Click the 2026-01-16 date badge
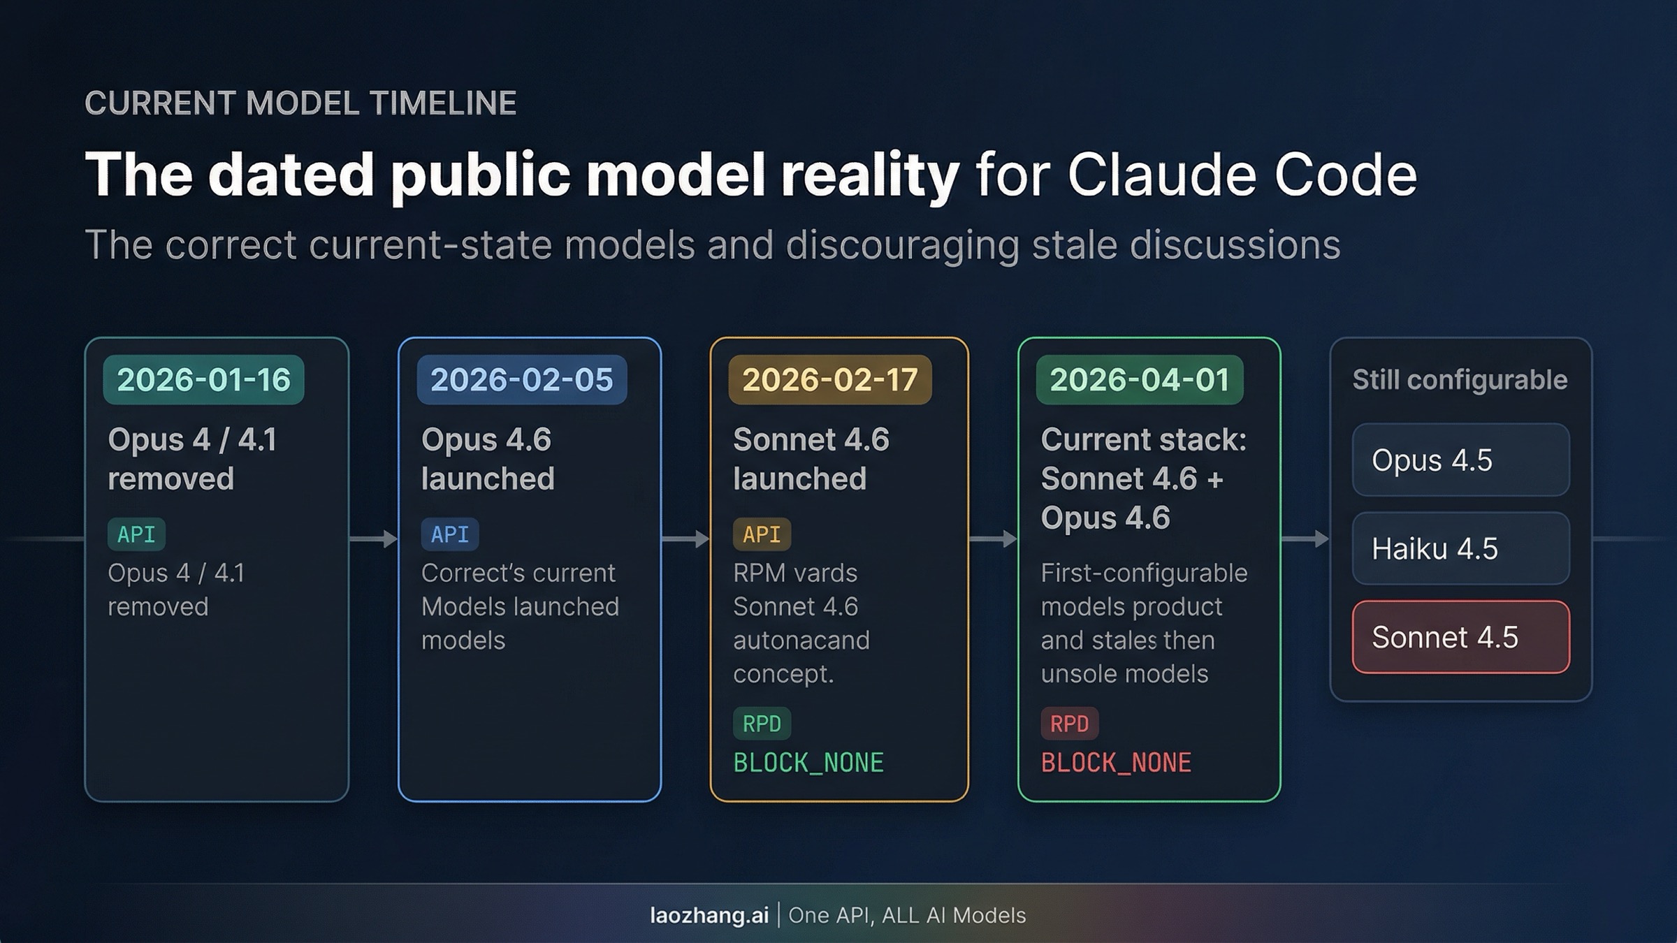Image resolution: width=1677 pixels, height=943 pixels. (203, 380)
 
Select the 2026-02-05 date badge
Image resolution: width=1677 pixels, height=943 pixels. (521, 380)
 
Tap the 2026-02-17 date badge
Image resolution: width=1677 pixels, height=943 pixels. (829, 380)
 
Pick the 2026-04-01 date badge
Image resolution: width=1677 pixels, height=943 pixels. (1139, 380)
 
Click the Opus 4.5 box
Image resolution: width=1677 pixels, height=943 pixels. (1460, 460)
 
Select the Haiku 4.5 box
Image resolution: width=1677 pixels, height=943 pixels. (1460, 548)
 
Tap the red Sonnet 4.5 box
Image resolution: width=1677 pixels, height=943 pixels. (1460, 637)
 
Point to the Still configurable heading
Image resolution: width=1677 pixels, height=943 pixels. (1459, 380)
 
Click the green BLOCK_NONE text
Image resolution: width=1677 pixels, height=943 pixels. (808, 762)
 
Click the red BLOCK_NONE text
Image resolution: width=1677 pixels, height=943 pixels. (1116, 762)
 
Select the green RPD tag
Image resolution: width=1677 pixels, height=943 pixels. (762, 724)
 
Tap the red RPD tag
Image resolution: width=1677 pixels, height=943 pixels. (1069, 724)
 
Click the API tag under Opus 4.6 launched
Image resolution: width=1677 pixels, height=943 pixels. (449, 534)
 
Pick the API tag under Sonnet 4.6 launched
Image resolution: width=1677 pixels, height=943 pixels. (762, 534)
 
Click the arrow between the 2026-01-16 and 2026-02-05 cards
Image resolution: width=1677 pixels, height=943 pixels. (374, 539)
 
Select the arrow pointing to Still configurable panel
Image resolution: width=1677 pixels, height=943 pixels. (1305, 539)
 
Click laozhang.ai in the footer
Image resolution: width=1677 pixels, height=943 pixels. (709, 915)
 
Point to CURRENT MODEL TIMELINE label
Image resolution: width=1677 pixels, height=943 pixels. (300, 103)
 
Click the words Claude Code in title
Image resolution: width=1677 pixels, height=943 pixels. (1242, 175)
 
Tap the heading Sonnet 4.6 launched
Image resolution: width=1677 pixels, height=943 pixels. (811, 459)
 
